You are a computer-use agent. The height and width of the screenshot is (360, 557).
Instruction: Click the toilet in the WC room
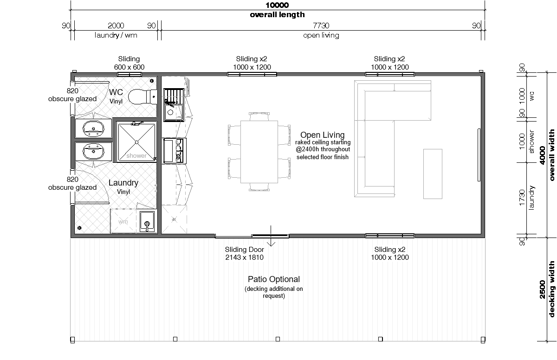142,96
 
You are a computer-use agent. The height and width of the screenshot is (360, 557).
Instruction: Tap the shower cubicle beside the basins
136,142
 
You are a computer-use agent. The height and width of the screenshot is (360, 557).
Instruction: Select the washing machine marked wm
123,221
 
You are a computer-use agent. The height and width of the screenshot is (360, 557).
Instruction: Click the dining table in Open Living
259,152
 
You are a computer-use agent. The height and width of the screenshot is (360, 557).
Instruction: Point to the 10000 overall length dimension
277,5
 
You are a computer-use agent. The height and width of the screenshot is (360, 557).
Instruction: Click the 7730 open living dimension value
321,26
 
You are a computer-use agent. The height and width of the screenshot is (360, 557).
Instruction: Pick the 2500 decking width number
542,289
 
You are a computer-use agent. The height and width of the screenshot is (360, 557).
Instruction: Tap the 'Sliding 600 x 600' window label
129,63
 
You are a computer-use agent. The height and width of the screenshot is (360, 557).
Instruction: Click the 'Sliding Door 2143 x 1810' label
245,253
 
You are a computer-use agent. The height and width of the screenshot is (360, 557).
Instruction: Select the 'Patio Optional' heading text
274,279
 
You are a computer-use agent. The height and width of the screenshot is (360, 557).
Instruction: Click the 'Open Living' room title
323,135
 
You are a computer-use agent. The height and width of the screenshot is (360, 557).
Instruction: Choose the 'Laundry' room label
123,183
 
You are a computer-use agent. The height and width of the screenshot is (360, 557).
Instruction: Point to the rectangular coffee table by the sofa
433,174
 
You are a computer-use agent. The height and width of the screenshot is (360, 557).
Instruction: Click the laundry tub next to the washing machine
147,222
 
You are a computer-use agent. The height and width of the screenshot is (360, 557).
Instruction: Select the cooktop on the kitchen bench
175,151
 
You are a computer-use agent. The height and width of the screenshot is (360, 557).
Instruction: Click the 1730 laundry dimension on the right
522,198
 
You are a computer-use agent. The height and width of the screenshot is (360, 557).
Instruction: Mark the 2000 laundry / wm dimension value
116,26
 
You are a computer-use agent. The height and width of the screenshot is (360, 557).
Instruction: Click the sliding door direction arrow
271,236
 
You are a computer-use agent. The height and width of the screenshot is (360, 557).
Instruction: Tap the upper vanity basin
93,129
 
